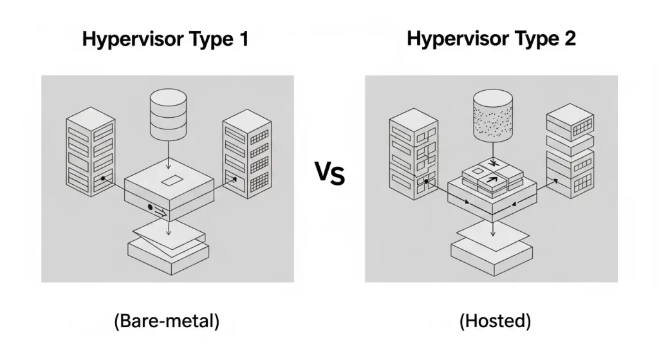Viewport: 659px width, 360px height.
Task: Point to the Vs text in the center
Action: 329,174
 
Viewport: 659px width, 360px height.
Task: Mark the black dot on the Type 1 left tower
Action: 102,177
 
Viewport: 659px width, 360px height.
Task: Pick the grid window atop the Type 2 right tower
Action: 582,127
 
